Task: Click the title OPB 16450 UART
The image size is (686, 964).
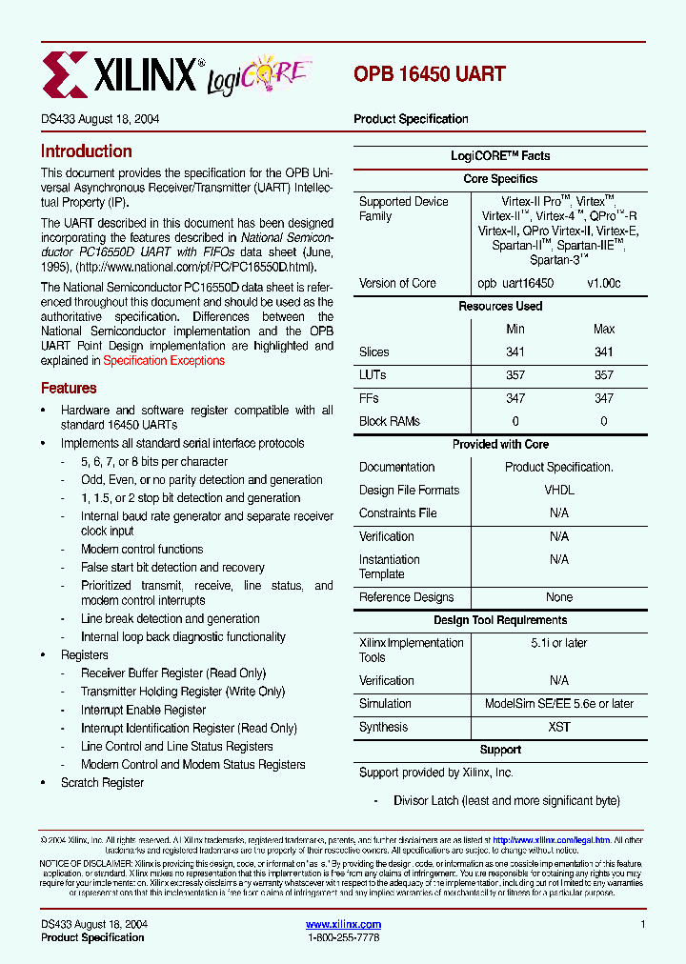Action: click(429, 73)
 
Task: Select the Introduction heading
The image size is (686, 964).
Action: click(86, 151)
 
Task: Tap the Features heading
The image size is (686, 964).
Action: click(69, 389)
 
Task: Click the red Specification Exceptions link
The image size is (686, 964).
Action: click(164, 361)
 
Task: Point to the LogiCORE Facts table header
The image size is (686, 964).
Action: click(500, 156)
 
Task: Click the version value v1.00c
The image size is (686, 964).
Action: click(603, 284)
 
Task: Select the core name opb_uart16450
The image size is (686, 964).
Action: click(515, 284)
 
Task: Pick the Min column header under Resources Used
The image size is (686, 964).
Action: click(514, 330)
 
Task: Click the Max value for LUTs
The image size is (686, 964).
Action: click(604, 375)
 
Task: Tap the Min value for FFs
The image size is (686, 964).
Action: click(514, 399)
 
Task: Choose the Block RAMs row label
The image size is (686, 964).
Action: click(389, 422)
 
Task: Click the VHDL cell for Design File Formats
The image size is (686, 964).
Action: click(558, 491)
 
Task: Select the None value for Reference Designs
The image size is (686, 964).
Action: click(559, 597)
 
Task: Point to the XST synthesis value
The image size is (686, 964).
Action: click(559, 727)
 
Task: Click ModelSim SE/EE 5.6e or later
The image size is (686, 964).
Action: click(558, 704)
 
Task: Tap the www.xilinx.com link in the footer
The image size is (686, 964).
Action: click(343, 925)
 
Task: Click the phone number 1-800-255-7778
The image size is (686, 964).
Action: click(343, 938)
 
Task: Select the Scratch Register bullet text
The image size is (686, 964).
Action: click(102, 783)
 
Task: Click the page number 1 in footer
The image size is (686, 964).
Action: click(643, 925)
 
